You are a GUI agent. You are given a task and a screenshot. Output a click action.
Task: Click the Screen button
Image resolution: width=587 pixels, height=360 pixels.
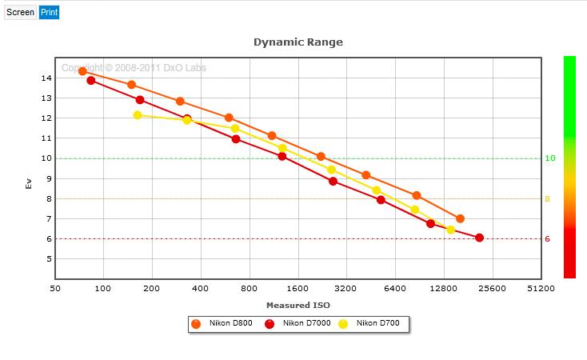coord(20,12)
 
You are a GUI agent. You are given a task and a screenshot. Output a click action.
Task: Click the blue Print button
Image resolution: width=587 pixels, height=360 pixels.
coord(49,12)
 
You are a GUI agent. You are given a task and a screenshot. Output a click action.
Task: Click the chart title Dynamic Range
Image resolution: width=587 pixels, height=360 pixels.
coord(298,42)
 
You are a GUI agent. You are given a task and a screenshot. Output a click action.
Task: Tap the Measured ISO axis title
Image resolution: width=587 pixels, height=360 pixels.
coord(298,306)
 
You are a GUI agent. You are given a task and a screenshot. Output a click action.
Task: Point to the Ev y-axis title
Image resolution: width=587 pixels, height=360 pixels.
coord(29,183)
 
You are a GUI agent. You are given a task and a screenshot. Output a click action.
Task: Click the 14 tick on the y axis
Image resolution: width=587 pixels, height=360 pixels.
coord(46,78)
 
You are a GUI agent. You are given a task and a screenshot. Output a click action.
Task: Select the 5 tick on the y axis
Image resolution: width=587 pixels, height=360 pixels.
coord(49,259)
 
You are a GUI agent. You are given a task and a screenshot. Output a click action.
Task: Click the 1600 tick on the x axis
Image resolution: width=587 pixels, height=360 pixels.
coord(297,289)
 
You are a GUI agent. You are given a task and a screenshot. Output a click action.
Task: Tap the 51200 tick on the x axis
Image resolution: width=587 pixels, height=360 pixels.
coord(541,289)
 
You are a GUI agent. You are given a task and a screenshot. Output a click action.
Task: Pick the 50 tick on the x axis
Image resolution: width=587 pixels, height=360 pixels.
coord(55,289)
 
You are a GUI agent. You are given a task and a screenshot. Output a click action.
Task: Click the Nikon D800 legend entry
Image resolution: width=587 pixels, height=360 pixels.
coord(222,323)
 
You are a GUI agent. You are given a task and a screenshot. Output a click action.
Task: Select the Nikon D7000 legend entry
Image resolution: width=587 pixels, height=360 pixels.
coord(297,323)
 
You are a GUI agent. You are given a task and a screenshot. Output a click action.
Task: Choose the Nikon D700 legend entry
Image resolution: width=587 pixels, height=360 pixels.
coord(369,323)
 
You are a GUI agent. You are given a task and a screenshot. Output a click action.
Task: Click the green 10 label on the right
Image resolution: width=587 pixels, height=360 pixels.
coord(550,158)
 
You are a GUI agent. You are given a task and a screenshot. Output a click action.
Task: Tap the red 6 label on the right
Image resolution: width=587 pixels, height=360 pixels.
coord(547,239)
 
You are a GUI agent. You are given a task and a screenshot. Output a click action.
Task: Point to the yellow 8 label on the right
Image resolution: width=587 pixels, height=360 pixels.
coord(547,199)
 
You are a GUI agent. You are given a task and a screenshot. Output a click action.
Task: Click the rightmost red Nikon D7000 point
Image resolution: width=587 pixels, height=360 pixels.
coord(479,238)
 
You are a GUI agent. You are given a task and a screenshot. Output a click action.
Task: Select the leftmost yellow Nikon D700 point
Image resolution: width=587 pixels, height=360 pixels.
coord(138,115)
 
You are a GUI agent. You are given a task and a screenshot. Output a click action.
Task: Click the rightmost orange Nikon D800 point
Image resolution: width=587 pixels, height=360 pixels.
coord(460,218)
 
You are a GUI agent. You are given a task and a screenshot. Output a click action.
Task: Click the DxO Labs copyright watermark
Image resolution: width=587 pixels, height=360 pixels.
coord(134,68)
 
